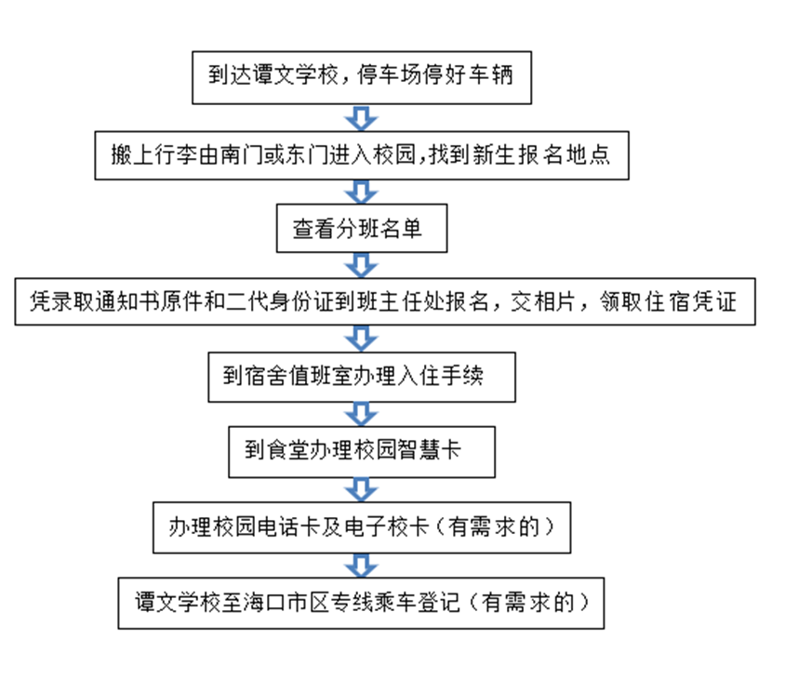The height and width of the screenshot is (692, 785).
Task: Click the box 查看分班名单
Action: point(362,228)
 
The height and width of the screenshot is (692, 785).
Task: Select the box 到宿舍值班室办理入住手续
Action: point(362,377)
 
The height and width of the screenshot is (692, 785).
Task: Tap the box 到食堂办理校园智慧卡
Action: point(362,452)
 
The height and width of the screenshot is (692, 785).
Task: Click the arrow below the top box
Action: point(361,118)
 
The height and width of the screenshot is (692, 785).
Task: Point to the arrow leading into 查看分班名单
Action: point(361,192)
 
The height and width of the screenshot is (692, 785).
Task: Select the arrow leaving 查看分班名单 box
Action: point(361,265)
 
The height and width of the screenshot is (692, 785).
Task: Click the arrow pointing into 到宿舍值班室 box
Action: point(361,339)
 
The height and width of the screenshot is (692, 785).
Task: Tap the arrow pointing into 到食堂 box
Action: point(361,414)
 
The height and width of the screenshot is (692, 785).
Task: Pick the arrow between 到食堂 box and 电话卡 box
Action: point(361,489)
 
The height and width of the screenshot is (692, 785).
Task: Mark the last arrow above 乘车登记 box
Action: point(361,566)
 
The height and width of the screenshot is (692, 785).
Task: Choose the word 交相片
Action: point(542,301)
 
